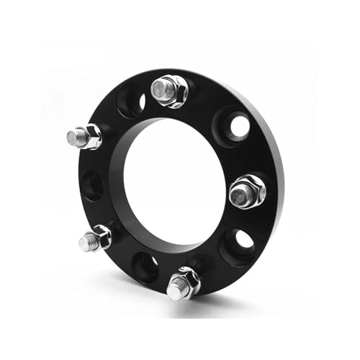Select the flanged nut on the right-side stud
point(250,189)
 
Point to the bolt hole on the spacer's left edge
point(91,185)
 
